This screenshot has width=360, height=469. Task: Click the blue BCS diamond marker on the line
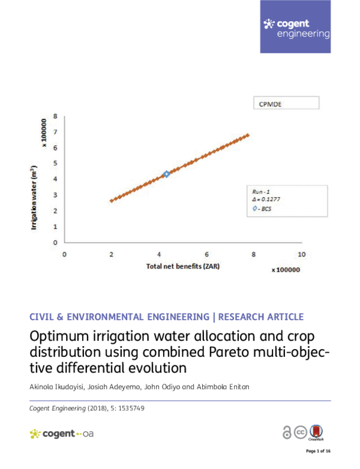coord(166,174)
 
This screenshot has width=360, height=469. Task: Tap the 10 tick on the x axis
coord(301,254)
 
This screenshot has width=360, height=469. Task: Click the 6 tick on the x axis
coord(206,254)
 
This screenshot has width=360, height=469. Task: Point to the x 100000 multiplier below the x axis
coord(285,270)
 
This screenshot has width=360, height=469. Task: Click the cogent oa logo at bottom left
coord(61,433)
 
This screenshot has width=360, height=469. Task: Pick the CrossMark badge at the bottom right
coord(318,432)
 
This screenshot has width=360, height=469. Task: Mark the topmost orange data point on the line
coord(247,135)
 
